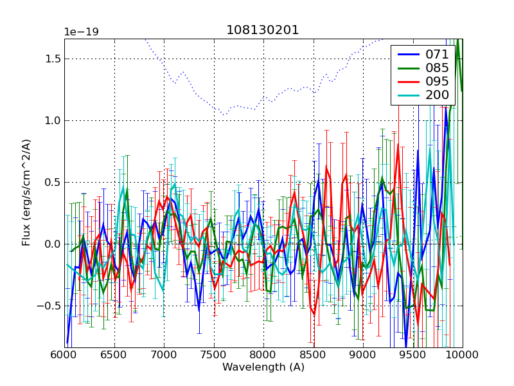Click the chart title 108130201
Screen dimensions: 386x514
(263, 30)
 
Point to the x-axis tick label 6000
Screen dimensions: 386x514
(65, 354)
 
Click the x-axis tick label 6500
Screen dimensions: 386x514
(114, 354)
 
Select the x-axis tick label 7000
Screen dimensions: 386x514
(164, 354)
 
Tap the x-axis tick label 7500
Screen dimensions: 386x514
(214, 354)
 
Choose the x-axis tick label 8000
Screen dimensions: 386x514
(263, 354)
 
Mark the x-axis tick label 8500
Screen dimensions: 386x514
(314, 354)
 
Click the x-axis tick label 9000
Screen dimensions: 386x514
(363, 354)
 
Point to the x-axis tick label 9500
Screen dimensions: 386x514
(413, 354)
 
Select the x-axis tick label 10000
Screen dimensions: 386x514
(463, 354)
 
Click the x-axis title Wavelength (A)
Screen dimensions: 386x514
(263, 367)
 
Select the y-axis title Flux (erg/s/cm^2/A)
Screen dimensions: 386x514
(26, 193)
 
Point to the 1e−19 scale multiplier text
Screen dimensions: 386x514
(81, 32)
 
